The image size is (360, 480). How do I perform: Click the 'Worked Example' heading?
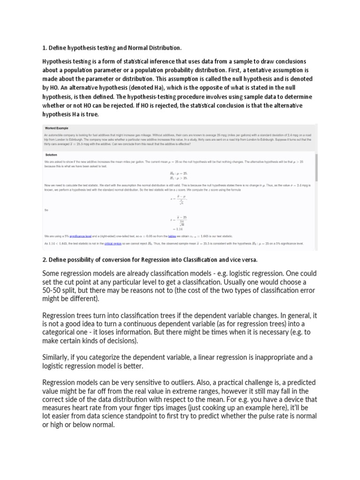(x=57, y=127)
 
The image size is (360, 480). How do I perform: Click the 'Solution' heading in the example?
(x=51, y=154)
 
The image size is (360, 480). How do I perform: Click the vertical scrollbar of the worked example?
(x=317, y=169)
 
